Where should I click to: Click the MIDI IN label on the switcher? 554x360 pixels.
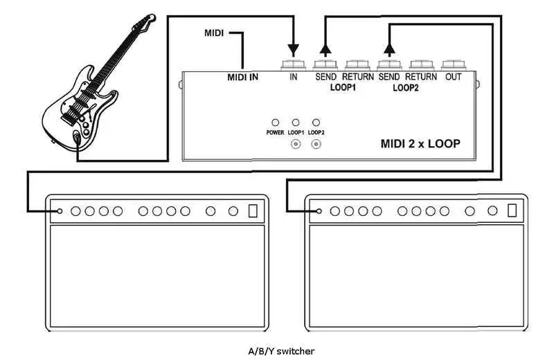pyautogui.click(x=242, y=77)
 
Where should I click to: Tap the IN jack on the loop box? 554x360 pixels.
pyautogui.click(x=294, y=66)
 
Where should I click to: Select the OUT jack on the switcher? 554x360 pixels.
pyautogui.click(x=453, y=66)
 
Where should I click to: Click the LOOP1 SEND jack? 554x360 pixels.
pyautogui.click(x=325, y=66)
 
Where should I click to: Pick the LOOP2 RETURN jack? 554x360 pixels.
pyautogui.click(x=421, y=66)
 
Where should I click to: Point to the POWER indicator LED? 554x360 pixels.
pyautogui.click(x=275, y=121)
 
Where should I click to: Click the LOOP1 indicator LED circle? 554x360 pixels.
pyautogui.click(x=296, y=121)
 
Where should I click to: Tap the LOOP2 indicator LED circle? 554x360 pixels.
pyautogui.click(x=316, y=121)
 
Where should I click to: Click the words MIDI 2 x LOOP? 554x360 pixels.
pyautogui.click(x=420, y=145)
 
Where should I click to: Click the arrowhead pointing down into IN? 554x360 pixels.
pyautogui.click(x=294, y=50)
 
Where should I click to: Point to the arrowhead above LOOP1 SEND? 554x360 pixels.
pyautogui.click(x=325, y=48)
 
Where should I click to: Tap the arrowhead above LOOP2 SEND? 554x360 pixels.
pyautogui.click(x=389, y=48)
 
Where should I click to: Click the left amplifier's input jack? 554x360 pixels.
pyautogui.click(x=60, y=211)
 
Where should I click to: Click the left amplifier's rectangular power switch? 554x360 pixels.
pyautogui.click(x=253, y=210)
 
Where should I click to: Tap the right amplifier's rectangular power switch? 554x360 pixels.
pyautogui.click(x=512, y=210)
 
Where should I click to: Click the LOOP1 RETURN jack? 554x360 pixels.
pyautogui.click(x=358, y=66)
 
